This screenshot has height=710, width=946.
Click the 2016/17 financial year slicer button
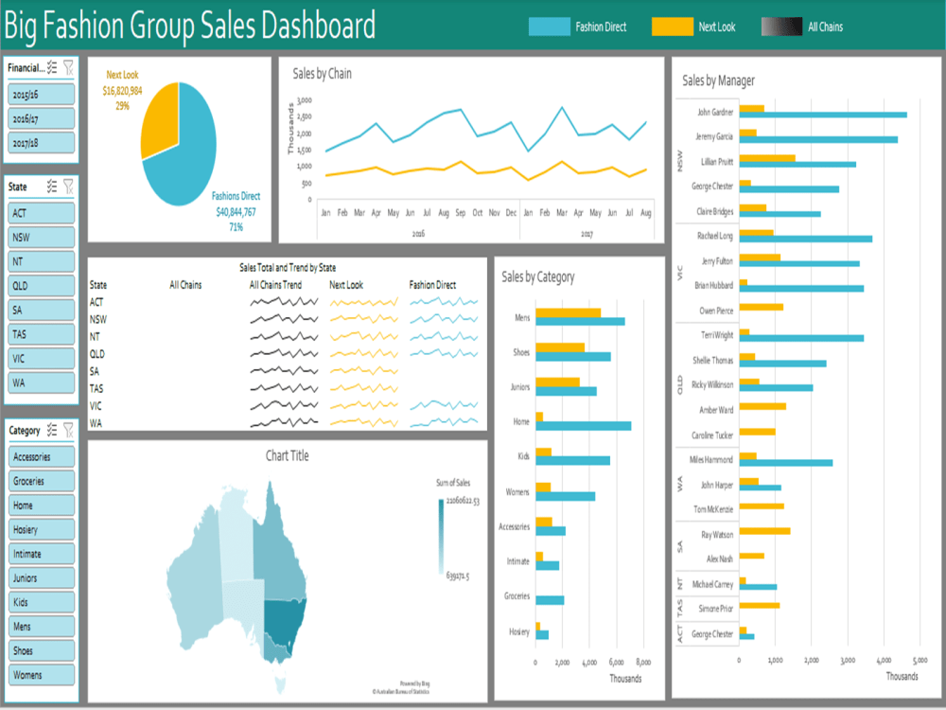(x=42, y=118)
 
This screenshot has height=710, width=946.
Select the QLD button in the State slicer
(x=42, y=285)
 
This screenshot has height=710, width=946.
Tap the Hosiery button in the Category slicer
(x=42, y=529)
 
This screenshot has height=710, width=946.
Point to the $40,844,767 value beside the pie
(x=236, y=212)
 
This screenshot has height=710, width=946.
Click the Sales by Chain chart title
(x=322, y=73)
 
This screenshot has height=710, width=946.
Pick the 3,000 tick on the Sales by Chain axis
(x=304, y=99)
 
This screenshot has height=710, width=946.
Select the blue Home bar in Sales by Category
(x=583, y=426)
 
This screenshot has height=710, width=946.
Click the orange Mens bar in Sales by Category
(x=568, y=312)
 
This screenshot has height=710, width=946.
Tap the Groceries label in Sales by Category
(x=516, y=597)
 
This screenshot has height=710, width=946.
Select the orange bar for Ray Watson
(x=763, y=531)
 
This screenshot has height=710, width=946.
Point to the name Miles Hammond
(x=711, y=459)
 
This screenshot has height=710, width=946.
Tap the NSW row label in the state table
(x=98, y=319)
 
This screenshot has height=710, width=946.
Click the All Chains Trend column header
(x=275, y=284)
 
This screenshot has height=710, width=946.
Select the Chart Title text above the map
(x=287, y=455)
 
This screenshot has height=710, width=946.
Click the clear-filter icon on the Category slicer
(x=68, y=430)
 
